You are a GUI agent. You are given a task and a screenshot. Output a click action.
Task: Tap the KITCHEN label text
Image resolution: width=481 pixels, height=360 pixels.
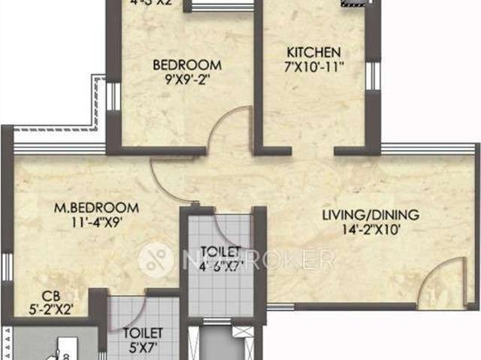314,53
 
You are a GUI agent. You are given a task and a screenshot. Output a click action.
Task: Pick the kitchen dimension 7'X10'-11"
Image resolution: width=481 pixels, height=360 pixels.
314,66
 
